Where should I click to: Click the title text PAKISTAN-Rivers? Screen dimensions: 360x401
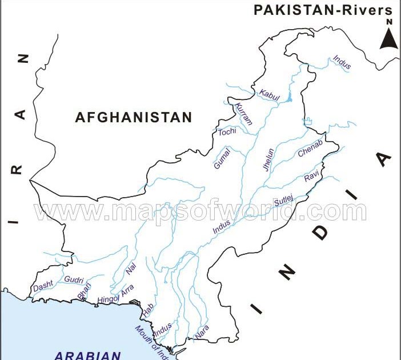coord(323,10)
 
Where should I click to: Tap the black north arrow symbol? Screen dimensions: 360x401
coord(389,39)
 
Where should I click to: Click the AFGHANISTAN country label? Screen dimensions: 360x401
coord(134,118)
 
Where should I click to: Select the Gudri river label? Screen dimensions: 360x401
coord(74,280)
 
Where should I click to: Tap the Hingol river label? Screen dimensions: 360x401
coord(108,298)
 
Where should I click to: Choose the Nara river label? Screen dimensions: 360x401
coord(202,331)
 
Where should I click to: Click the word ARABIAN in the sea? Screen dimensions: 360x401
coord(88,355)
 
